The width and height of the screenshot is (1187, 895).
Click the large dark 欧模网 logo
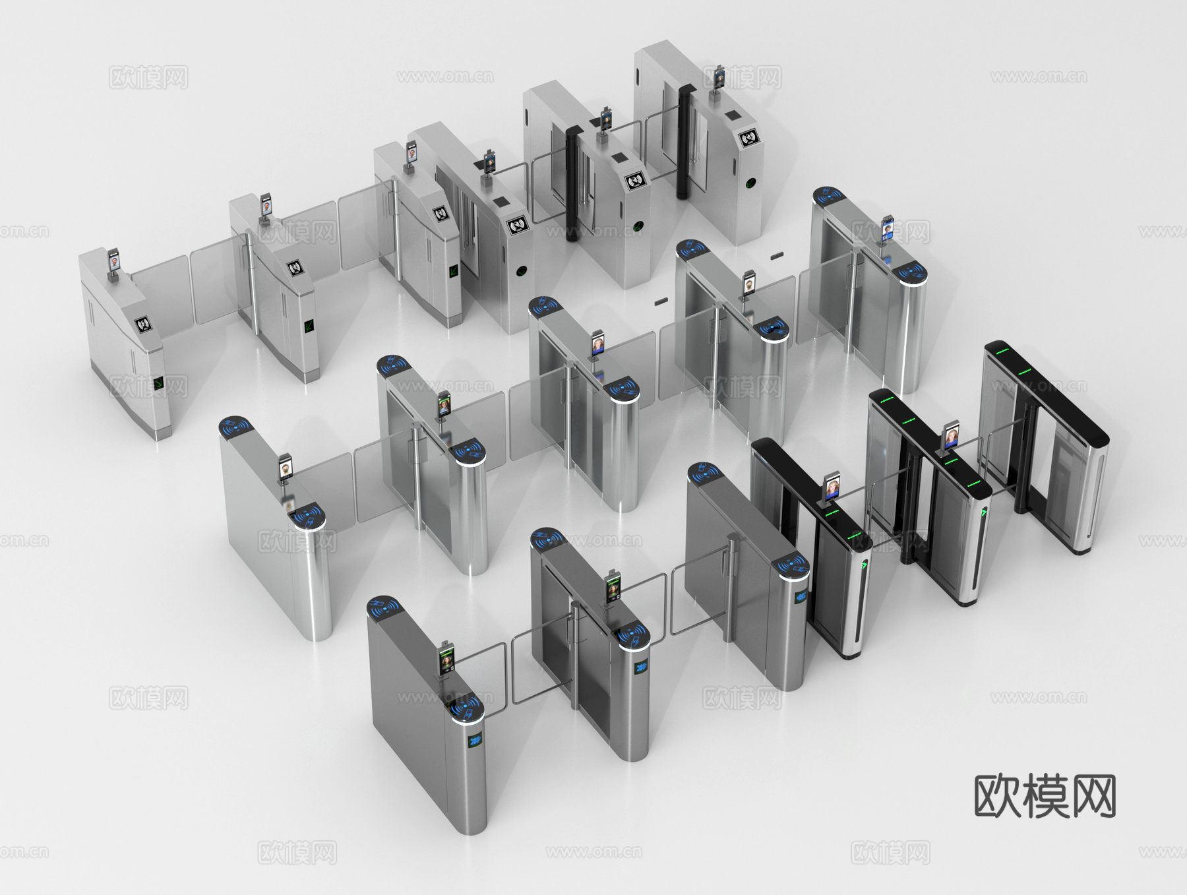point(1045,797)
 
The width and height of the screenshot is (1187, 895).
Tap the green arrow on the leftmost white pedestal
point(158,383)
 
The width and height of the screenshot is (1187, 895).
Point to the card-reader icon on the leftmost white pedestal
point(143,324)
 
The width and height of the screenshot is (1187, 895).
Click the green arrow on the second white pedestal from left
point(309,325)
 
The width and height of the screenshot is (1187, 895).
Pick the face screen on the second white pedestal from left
point(266,204)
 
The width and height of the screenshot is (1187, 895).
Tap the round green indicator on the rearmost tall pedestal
point(751,183)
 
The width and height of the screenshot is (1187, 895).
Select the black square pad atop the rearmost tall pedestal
point(731,116)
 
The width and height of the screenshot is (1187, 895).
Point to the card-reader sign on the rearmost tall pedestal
point(748,138)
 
